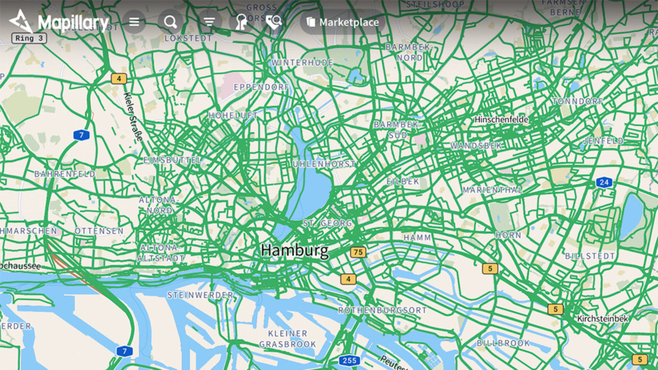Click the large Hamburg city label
[x=294, y=251]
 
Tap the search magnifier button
[x=170, y=22]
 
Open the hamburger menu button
[x=134, y=22]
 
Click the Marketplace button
[x=343, y=22]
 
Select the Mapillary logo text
[x=73, y=23]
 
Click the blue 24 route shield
[x=603, y=182]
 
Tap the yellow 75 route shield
[x=358, y=252]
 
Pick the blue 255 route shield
[x=349, y=360]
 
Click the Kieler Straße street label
[x=132, y=117]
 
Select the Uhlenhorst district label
[x=324, y=164]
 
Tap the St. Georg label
[x=327, y=223]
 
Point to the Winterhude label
[x=302, y=63]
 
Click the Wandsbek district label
[x=476, y=146]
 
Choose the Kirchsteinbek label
[x=603, y=319]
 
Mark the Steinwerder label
[x=200, y=295]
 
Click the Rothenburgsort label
[x=382, y=310]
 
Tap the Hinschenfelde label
[x=501, y=120]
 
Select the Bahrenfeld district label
[x=64, y=174]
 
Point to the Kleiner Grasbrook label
[x=288, y=339]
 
